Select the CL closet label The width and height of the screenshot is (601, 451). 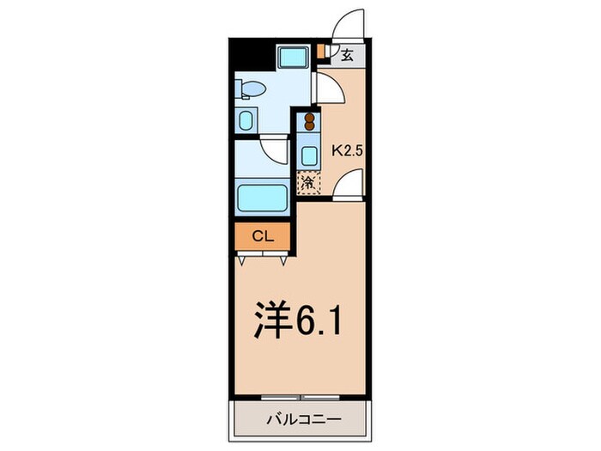click(262, 235)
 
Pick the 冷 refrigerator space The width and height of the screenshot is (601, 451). click(308, 183)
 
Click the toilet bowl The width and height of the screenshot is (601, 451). click(251, 88)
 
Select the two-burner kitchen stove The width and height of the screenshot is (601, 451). click(308, 122)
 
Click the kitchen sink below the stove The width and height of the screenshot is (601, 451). click(308, 155)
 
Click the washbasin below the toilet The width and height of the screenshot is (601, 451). click(246, 119)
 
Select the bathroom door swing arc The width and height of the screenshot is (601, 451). click(275, 150)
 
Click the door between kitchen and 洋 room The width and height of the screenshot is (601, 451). click(349, 185)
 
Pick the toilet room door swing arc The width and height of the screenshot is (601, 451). click(329, 88)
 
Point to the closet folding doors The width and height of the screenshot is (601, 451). click(262, 254)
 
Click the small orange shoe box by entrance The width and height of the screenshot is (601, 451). click(321, 51)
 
